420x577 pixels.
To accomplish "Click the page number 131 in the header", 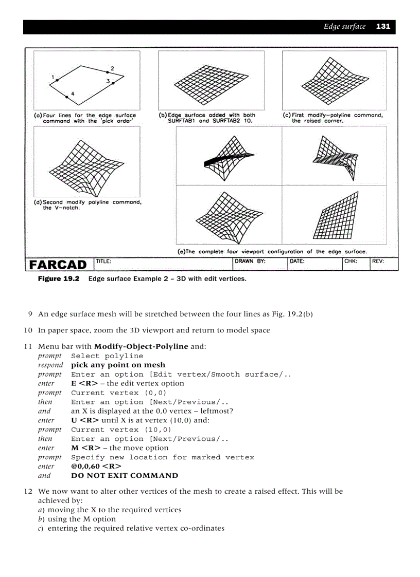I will pyautogui.click(x=383, y=27).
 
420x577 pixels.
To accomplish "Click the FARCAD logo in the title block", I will pyautogui.click(x=58, y=265).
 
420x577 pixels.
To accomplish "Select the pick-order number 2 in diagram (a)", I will pyautogui.click(x=112, y=69).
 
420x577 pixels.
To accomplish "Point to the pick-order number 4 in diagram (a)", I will pyautogui.click(x=73, y=94).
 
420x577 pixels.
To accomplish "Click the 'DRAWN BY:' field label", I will pyautogui.click(x=250, y=262).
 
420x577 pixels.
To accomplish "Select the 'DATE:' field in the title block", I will pyautogui.click(x=297, y=262).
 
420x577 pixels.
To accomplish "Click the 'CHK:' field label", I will pyautogui.click(x=351, y=262).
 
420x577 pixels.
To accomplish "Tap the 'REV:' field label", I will pyautogui.click(x=378, y=262).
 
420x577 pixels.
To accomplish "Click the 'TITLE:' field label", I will pyautogui.click(x=103, y=262).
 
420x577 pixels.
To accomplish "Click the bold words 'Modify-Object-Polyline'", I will pyautogui.click(x=141, y=346).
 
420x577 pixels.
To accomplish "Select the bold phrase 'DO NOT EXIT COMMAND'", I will pyautogui.click(x=125, y=475).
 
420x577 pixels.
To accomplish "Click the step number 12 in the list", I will pyautogui.click(x=28, y=491).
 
